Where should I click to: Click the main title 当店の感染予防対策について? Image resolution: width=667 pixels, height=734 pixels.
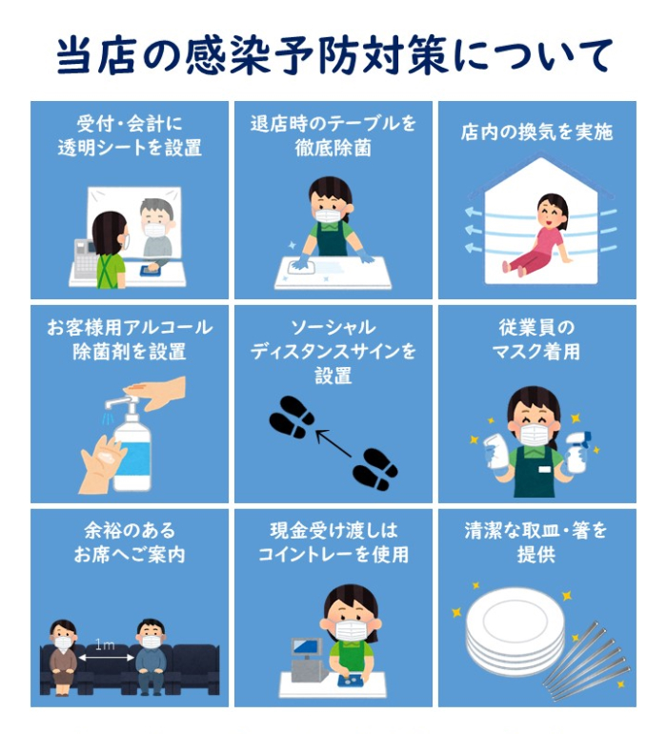point(333,55)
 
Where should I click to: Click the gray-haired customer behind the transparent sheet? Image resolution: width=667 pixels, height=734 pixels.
point(154,230)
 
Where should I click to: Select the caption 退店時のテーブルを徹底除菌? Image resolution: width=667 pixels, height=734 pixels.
point(333,135)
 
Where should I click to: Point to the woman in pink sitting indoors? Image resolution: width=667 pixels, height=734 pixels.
point(540,234)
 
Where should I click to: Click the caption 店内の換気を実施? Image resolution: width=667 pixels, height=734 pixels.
point(536,133)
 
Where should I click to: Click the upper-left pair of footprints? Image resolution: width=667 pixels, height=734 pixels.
point(292,418)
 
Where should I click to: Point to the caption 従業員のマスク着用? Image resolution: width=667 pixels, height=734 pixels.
point(536,339)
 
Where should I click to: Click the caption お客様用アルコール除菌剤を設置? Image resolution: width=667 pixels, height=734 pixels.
point(130,339)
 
